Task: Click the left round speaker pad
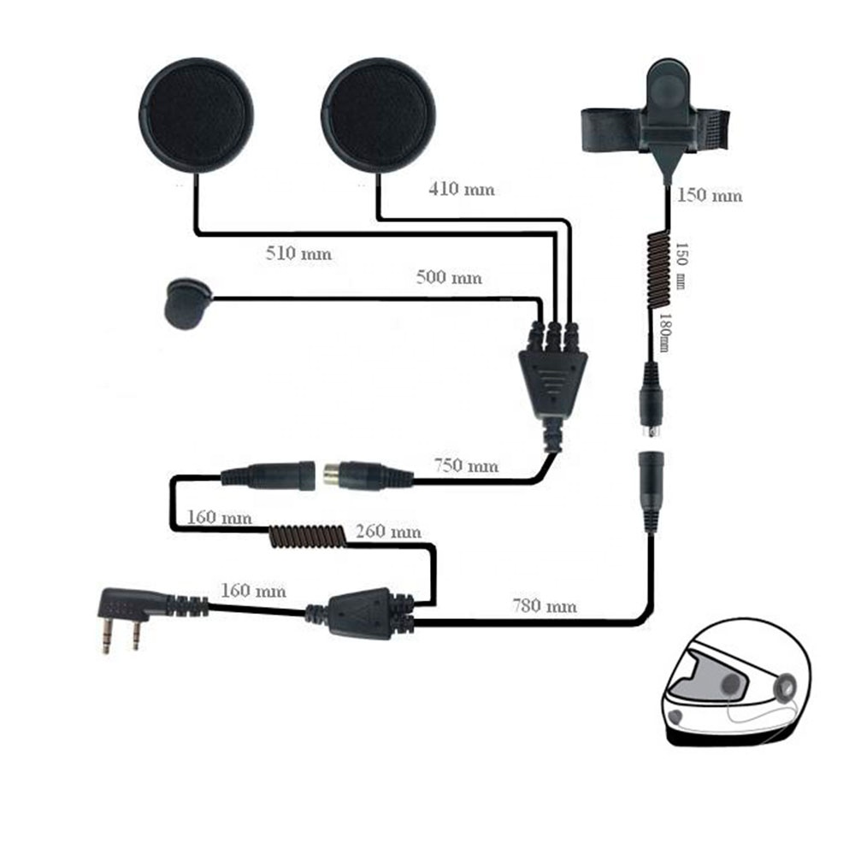click(x=196, y=115)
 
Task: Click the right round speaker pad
click(x=377, y=115)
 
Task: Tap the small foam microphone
click(x=186, y=301)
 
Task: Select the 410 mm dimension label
click(x=461, y=189)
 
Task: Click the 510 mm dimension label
click(x=298, y=254)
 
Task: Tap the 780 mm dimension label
click(x=544, y=607)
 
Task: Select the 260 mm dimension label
click(x=388, y=531)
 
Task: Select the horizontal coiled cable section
click(x=305, y=536)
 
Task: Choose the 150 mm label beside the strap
click(x=710, y=195)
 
